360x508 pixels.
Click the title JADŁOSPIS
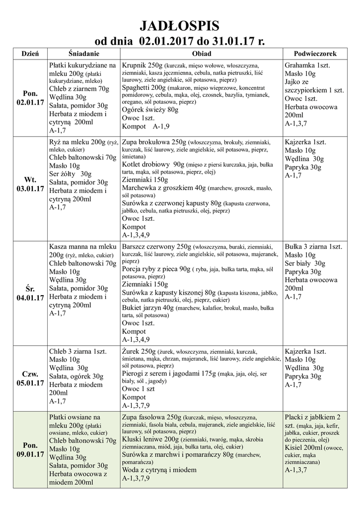180,25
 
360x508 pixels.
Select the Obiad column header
201,53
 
